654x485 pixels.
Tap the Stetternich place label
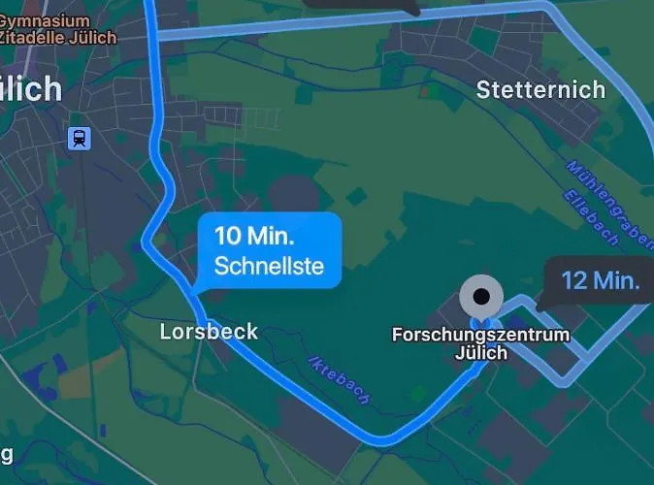[540, 90]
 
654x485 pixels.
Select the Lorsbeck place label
[209, 332]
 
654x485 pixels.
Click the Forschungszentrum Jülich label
[480, 343]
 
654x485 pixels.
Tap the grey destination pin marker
[481, 295]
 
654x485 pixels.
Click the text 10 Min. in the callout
[254, 236]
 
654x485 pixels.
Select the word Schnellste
[269, 265]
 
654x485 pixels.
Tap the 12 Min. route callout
[600, 281]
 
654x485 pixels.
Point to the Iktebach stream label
[339, 377]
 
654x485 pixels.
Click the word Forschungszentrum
[480, 335]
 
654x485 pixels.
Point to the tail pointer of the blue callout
[195, 288]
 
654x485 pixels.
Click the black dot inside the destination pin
[481, 293]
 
